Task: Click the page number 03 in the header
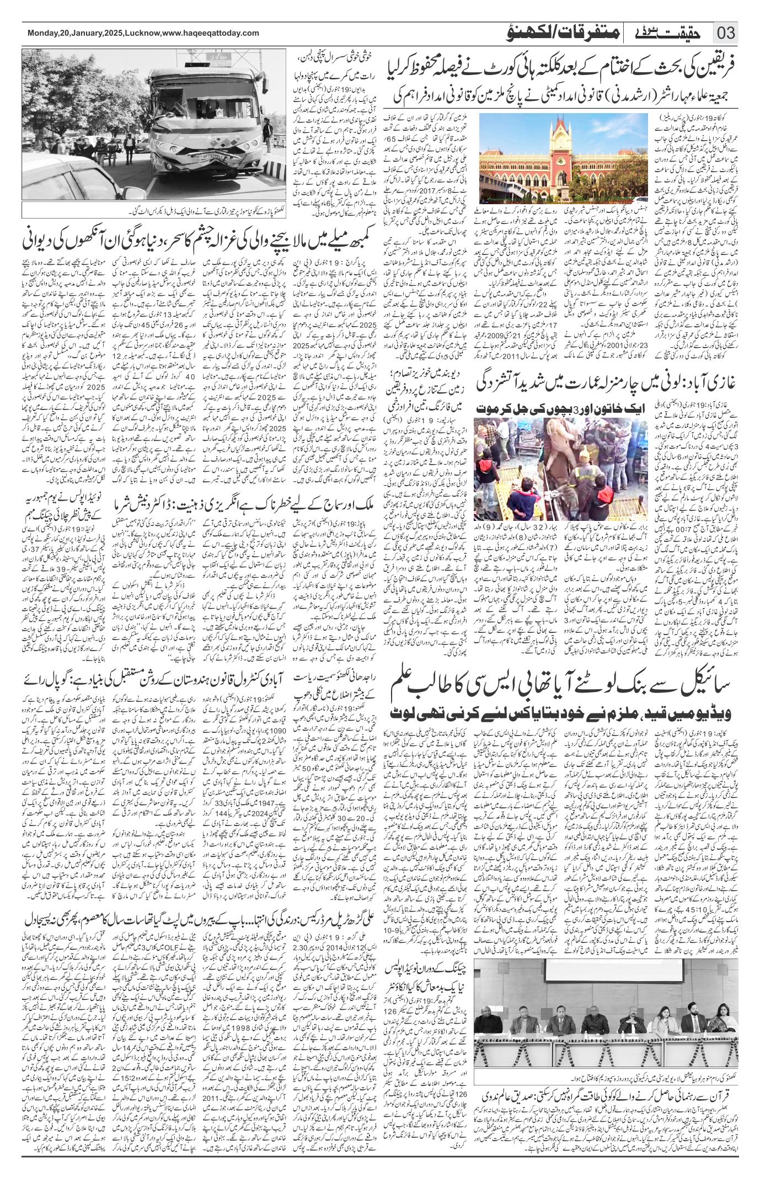click(x=726, y=34)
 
